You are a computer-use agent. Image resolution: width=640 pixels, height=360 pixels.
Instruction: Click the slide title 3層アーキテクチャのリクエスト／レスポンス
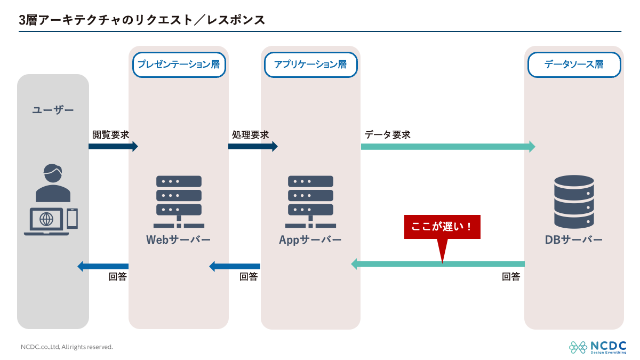(142, 20)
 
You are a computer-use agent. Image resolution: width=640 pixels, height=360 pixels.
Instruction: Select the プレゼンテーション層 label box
(179, 65)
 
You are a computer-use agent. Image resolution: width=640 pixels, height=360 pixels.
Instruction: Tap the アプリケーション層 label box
(310, 65)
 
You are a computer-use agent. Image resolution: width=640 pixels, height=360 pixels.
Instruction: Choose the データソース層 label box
(574, 65)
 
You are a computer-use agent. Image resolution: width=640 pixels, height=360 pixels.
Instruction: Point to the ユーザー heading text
(53, 110)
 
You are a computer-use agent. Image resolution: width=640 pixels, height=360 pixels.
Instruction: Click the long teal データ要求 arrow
(448, 147)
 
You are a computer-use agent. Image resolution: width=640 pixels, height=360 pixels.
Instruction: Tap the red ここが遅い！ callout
(442, 227)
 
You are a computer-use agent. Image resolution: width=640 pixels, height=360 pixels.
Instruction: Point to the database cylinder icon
(574, 202)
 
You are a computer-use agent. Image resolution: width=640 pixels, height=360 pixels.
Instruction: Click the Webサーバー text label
(179, 240)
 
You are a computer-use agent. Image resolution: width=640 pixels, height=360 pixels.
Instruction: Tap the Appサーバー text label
(310, 240)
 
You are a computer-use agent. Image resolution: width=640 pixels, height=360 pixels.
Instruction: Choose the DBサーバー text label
(574, 240)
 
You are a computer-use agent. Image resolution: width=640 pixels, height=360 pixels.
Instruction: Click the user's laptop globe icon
(46, 219)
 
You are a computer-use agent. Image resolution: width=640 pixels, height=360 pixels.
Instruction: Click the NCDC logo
(598, 347)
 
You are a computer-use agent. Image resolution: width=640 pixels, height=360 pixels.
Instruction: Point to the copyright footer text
(67, 347)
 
